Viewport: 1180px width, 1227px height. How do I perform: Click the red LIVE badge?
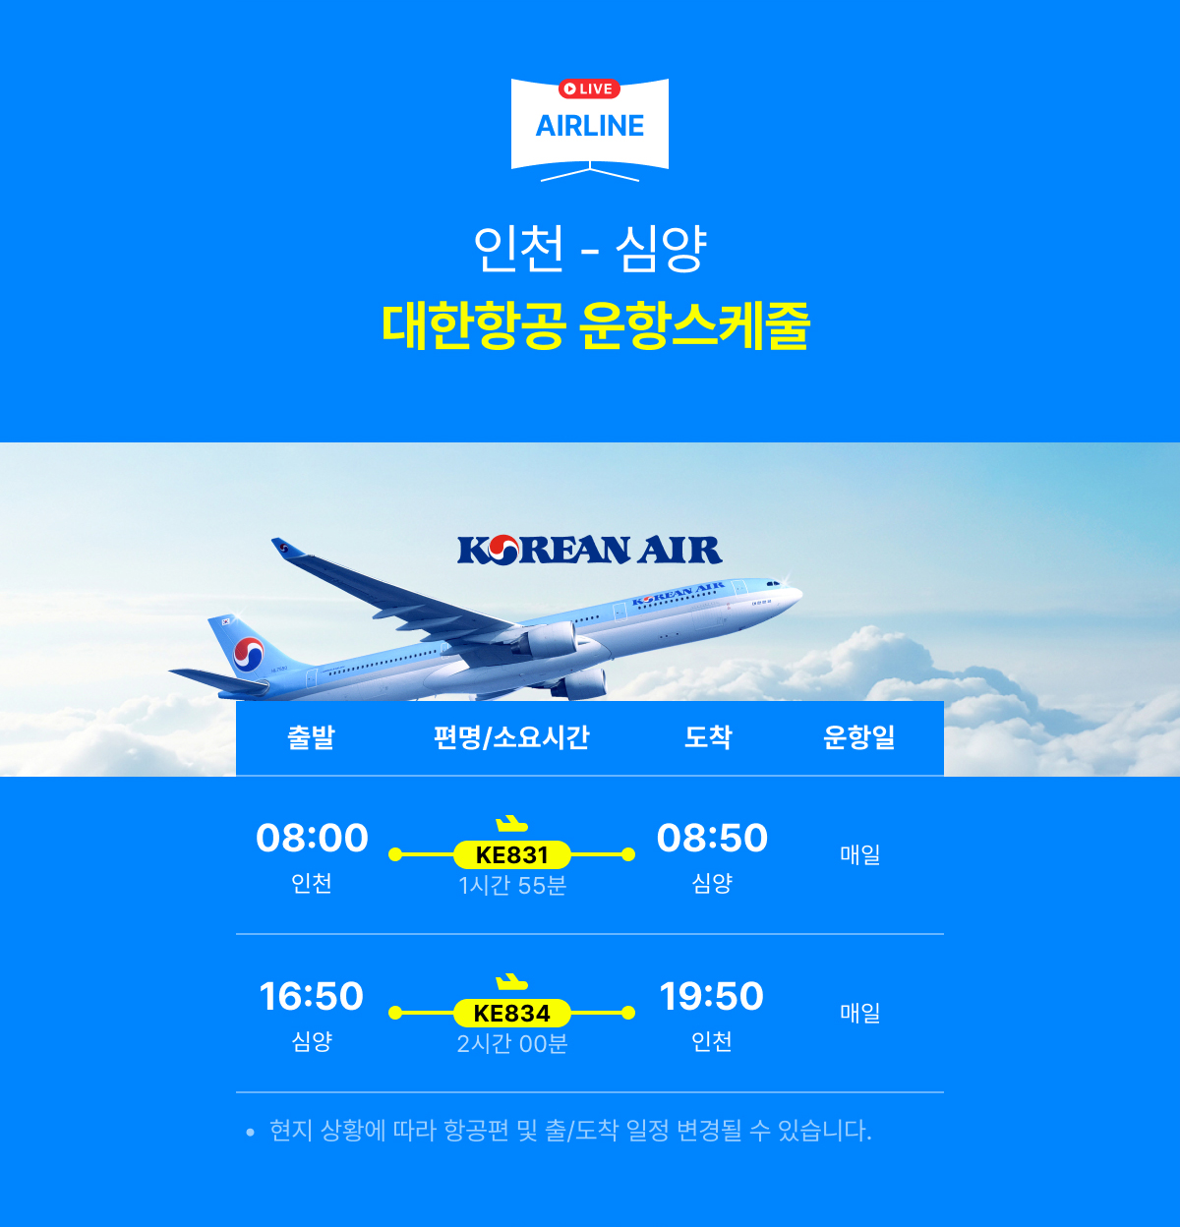point(589,88)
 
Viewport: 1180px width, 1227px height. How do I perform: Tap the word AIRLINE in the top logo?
point(590,126)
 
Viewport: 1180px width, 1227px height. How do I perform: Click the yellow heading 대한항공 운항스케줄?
point(595,325)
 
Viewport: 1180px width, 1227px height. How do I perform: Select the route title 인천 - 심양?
point(590,248)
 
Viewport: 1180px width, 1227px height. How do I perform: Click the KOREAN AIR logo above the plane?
point(590,550)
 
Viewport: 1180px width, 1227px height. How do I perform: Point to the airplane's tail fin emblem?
point(249,655)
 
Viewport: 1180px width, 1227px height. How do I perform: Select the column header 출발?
point(311,737)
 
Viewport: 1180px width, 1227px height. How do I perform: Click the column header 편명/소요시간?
point(511,737)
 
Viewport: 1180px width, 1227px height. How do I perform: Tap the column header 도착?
point(708,737)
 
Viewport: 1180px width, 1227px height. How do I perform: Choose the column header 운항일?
point(859,737)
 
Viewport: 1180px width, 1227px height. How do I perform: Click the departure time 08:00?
point(312,838)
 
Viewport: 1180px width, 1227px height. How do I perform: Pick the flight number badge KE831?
point(512,855)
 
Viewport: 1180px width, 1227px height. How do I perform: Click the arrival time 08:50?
point(712,838)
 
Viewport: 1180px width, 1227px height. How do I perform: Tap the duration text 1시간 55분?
point(512,886)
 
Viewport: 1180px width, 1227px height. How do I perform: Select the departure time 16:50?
point(312,996)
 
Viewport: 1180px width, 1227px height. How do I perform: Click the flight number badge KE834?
point(512,1014)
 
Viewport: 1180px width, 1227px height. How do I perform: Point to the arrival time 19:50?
point(711,996)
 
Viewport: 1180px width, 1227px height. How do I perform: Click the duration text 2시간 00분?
point(512,1044)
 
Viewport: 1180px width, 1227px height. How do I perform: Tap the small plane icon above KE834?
point(511,982)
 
